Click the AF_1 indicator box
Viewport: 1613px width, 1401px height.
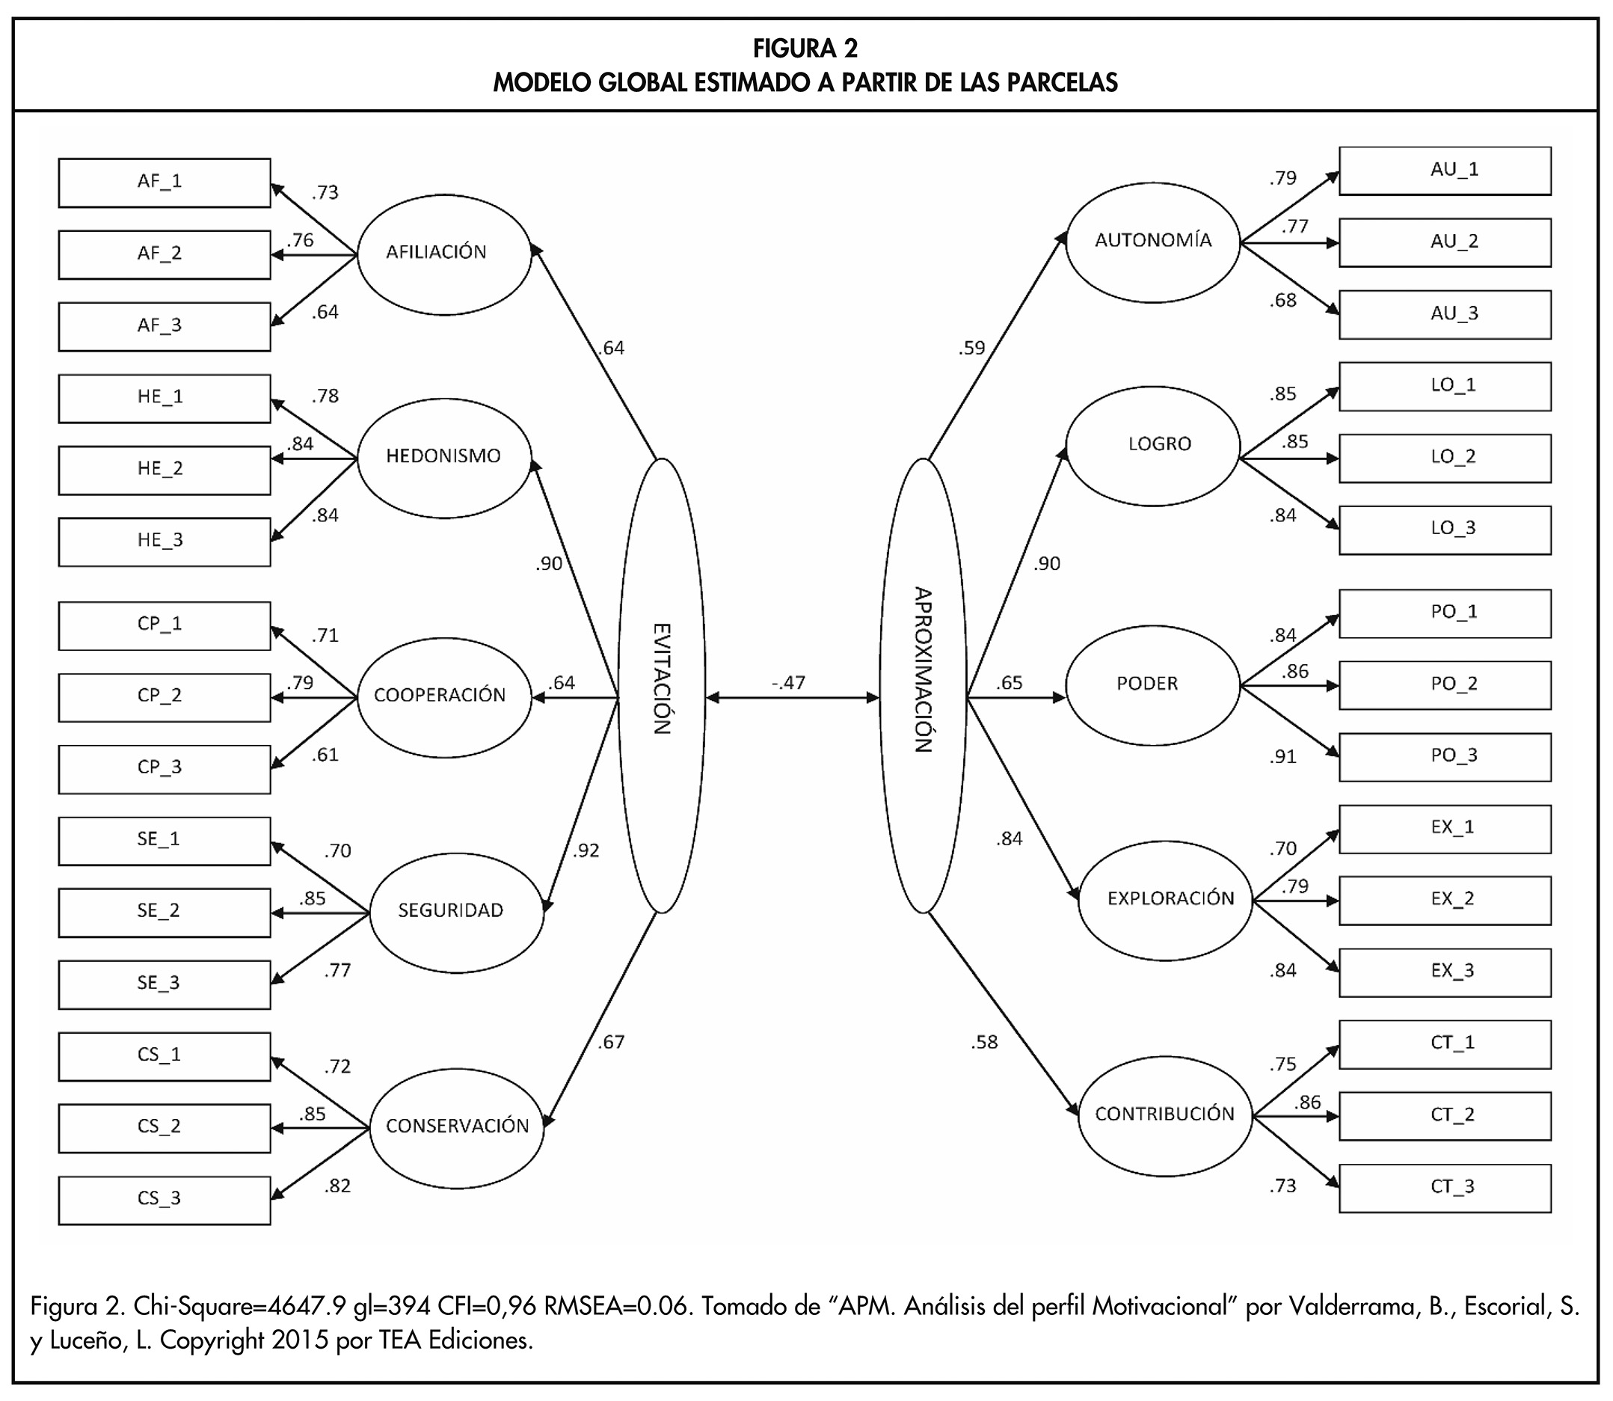tap(164, 183)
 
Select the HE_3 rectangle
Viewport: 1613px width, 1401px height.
tap(164, 541)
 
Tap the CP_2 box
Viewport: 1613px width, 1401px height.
tap(164, 696)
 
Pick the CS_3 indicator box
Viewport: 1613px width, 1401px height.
tap(164, 1199)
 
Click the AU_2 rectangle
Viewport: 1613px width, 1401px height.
tap(1444, 242)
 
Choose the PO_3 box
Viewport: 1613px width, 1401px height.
tap(1444, 757)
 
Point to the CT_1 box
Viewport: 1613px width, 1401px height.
tap(1444, 1043)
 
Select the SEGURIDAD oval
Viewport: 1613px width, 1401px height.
tap(455, 912)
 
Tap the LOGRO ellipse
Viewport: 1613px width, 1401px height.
tap(1152, 446)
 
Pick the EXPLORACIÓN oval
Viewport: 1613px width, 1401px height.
tap(1165, 899)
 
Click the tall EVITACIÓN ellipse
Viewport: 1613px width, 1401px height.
tap(661, 685)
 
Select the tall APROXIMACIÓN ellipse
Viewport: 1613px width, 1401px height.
tap(923, 685)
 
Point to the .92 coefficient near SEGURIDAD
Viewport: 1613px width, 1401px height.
tap(586, 850)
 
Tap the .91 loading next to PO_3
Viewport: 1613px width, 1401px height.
tap(1282, 757)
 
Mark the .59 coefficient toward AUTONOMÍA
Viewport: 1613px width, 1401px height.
tap(971, 348)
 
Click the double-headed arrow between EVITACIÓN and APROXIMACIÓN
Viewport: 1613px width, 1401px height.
tap(792, 698)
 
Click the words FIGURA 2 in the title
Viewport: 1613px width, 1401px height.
tap(805, 49)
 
